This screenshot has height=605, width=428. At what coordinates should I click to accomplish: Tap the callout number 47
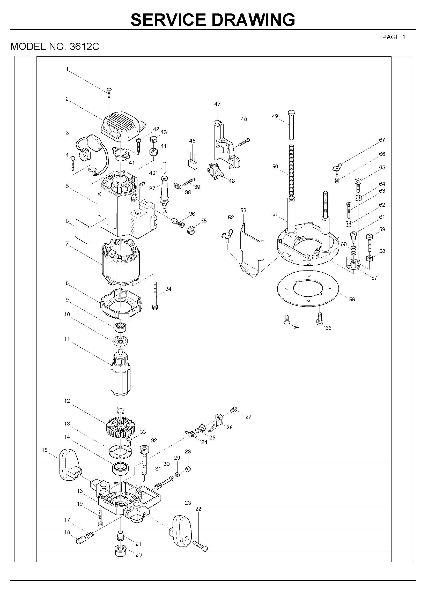point(217,104)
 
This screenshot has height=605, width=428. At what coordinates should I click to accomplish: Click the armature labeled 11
point(121,377)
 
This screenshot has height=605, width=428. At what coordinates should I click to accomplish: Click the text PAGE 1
point(394,37)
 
